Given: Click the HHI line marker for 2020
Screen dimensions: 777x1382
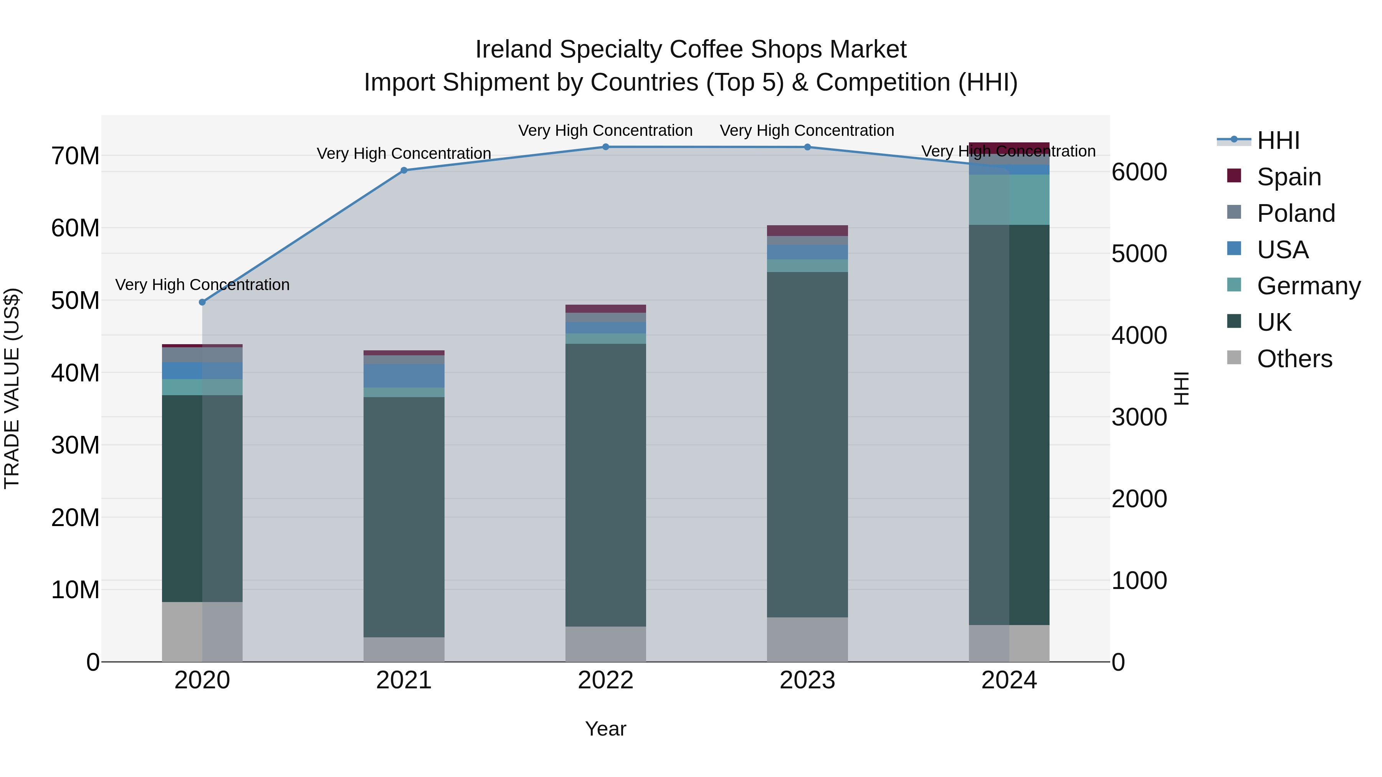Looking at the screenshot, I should tap(202, 302).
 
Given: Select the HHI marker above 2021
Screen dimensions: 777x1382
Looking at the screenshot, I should tap(404, 170).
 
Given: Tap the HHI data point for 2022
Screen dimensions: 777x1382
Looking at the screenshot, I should tap(606, 147).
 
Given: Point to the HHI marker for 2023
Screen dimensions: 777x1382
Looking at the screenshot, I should tap(807, 147).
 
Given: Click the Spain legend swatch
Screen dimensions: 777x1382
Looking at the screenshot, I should tap(1234, 176).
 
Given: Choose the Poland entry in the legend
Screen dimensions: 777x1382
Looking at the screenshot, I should tap(1296, 213).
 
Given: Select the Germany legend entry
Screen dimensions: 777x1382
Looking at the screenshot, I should tap(1309, 286).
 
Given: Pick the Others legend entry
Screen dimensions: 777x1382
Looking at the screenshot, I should tap(1294, 359).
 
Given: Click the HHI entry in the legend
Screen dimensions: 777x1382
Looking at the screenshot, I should tap(1278, 140).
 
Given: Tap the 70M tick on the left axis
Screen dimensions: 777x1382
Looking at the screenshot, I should tap(75, 156).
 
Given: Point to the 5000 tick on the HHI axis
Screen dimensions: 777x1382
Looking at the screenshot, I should tap(1139, 254).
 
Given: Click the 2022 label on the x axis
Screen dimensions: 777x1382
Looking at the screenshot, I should tap(606, 680).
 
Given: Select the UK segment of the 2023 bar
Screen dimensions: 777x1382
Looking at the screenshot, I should tap(807, 445).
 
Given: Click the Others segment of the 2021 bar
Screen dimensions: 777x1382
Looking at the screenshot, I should tap(404, 649).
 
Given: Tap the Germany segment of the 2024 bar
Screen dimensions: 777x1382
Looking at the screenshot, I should tap(1009, 200).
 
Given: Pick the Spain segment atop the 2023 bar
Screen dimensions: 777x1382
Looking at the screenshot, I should tap(807, 231).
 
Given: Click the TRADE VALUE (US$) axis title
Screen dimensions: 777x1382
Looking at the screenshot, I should tap(12, 388).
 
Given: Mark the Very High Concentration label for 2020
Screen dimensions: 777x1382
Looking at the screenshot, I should tap(202, 285).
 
